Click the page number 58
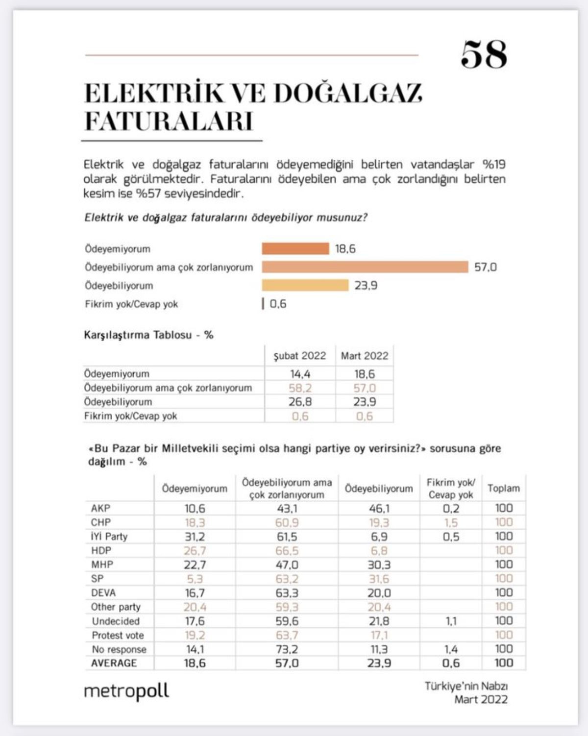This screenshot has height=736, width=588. tap(484, 54)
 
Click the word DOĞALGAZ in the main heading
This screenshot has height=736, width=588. tap(348, 93)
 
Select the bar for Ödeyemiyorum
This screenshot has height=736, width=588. tap(295, 248)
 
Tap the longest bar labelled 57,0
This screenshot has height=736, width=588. tap(365, 267)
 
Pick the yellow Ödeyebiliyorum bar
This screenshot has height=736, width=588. tap(305, 285)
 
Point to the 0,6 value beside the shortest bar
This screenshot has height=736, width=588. tap(278, 304)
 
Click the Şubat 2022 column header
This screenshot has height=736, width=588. tap(299, 356)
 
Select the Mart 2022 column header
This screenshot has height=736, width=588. tap(365, 356)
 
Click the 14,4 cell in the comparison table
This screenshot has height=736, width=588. tap(300, 374)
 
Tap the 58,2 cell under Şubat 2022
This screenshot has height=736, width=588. tap(300, 388)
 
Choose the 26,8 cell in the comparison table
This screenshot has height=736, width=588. tap(300, 402)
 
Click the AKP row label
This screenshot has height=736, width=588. tap(101, 508)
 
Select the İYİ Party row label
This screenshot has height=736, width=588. tap(109, 537)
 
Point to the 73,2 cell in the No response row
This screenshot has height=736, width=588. tap(287, 649)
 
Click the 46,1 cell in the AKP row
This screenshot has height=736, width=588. tap(379, 508)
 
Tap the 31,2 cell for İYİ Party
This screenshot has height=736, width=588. tap(195, 537)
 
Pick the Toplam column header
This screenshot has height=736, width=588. tap(503, 488)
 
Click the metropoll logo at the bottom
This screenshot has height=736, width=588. tap(126, 691)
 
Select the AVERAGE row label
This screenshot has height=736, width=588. tap(114, 663)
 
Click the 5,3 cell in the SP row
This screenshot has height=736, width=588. tap(195, 579)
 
